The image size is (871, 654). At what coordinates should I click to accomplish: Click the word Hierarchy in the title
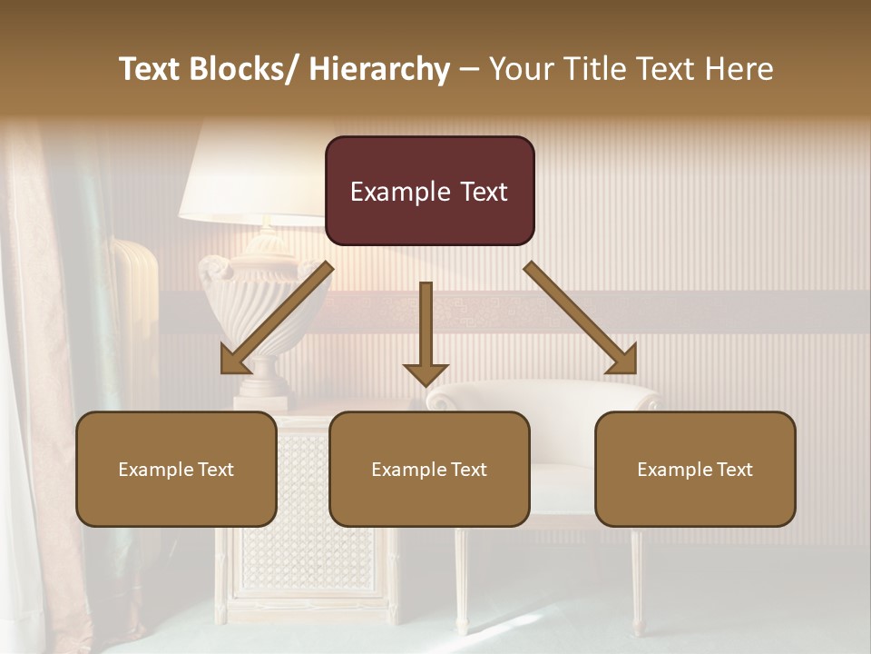[x=379, y=69]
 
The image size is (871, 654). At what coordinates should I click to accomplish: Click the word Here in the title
[x=739, y=69]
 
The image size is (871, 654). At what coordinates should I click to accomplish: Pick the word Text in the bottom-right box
[x=733, y=470]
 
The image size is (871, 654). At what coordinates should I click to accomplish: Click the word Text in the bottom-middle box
[x=467, y=470]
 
